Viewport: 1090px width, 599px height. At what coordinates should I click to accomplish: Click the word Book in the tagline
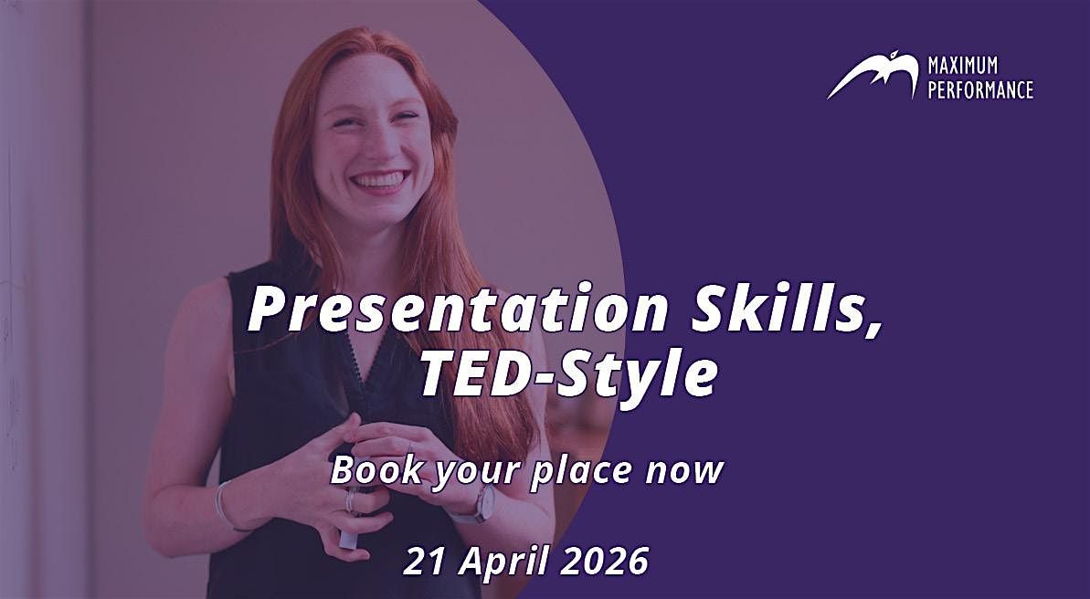click(369, 469)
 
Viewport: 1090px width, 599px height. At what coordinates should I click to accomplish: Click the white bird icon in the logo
click(872, 77)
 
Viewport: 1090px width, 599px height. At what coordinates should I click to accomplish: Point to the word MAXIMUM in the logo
click(962, 66)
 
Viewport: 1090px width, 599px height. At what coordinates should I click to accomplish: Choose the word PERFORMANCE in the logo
click(980, 89)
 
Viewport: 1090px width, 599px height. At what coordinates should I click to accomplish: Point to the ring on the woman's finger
click(349, 500)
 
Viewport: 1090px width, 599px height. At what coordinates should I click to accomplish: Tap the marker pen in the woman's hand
click(348, 535)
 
